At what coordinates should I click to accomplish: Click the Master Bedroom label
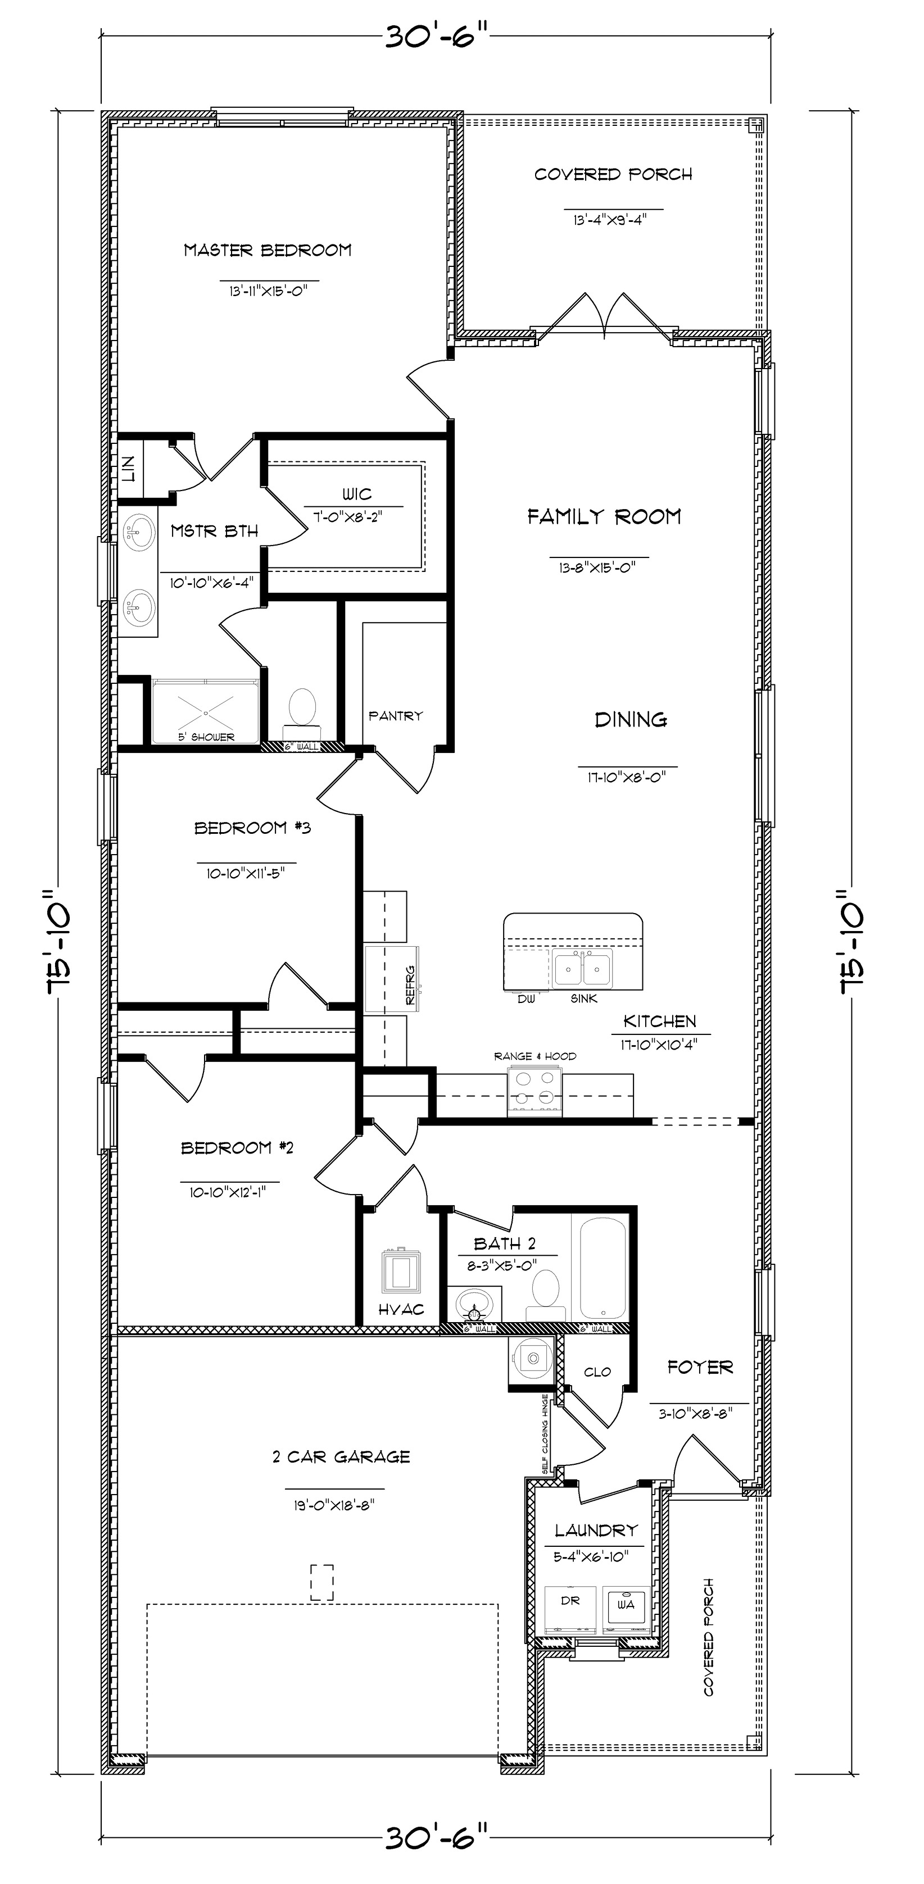pos(267,251)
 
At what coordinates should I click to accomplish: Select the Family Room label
pos(604,517)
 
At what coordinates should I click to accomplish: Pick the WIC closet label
pos(356,494)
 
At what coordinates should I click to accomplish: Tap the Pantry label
pos(395,716)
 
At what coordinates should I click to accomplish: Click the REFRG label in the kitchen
pos(410,985)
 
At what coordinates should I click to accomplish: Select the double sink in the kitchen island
pos(582,969)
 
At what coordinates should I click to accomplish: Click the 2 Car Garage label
pos(341,1457)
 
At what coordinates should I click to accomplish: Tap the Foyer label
pos(699,1368)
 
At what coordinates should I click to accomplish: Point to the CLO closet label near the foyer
pos(597,1372)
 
